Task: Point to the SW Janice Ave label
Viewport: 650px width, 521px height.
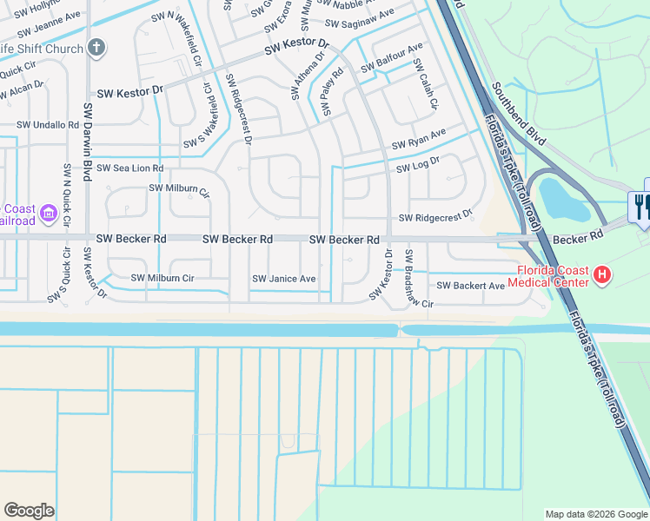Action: click(284, 279)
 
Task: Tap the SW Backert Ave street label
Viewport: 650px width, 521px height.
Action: click(470, 285)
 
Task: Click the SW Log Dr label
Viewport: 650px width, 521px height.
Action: click(419, 163)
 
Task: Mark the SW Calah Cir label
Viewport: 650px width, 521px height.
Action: click(424, 84)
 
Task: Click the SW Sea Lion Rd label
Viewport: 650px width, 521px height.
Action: click(129, 168)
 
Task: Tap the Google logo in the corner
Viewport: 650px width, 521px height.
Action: click(29, 511)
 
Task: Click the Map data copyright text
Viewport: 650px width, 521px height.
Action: click(596, 514)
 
